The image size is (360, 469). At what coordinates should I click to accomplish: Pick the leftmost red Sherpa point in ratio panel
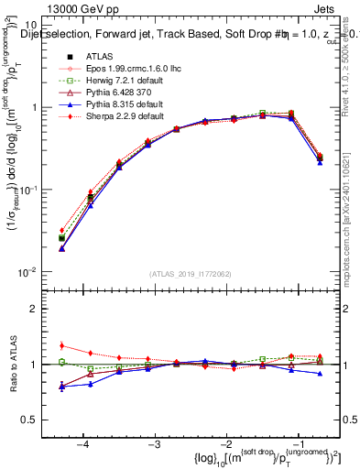pyautogui.click(x=61, y=345)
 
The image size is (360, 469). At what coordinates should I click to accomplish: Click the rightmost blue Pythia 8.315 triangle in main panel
pyautogui.click(x=320, y=161)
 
